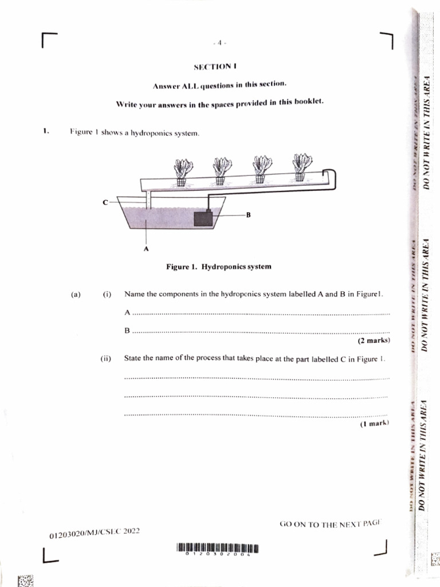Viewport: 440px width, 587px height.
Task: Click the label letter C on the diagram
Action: click(x=105, y=202)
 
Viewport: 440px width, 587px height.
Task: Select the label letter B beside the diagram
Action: click(x=249, y=215)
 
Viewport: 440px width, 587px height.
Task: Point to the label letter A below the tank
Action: click(x=146, y=249)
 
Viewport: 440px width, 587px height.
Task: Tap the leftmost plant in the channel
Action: click(x=182, y=170)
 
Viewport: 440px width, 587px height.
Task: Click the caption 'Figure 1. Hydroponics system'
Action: click(x=218, y=267)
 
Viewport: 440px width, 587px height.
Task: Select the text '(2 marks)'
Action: click(x=374, y=341)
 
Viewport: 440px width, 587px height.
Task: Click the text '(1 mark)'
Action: click(x=375, y=424)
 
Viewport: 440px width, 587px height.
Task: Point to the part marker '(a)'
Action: click(x=76, y=295)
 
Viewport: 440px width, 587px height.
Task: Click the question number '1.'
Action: click(x=46, y=131)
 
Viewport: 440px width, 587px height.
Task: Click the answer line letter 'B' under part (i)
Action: click(x=127, y=331)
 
